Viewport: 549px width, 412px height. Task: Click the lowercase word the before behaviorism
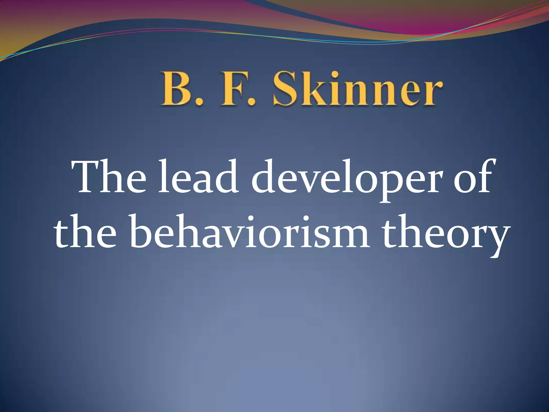tap(86, 231)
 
